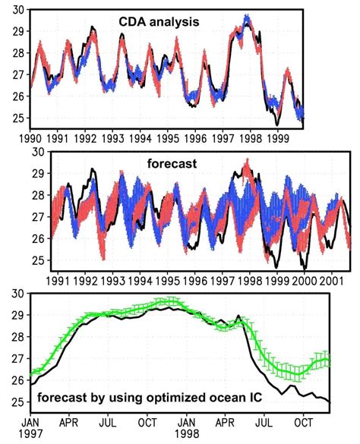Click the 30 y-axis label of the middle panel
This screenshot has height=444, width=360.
pyautogui.click(x=39, y=153)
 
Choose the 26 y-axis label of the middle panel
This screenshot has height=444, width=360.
pyautogui.click(x=39, y=238)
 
